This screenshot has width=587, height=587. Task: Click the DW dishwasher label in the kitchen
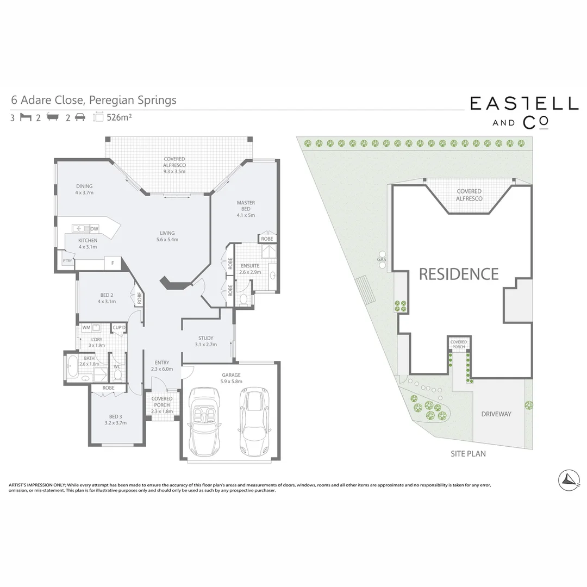click(94, 229)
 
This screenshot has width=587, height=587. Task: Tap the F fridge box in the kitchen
click(113, 264)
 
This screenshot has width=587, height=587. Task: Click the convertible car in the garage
click(203, 421)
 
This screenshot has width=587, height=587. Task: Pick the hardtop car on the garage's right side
click(253, 421)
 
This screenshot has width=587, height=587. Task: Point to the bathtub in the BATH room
click(72, 368)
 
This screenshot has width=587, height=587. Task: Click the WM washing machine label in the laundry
click(86, 328)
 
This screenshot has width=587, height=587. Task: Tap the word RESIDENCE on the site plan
click(458, 274)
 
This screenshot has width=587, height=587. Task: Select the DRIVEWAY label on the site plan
click(496, 414)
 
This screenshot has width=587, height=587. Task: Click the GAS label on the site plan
click(381, 260)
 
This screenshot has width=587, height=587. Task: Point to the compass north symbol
click(569, 479)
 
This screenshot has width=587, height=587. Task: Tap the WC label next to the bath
click(117, 366)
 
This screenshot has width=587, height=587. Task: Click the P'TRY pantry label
click(67, 261)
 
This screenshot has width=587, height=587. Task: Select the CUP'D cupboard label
click(119, 328)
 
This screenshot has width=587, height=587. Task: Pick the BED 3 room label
click(115, 419)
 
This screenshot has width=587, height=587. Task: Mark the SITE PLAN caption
click(468, 453)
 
